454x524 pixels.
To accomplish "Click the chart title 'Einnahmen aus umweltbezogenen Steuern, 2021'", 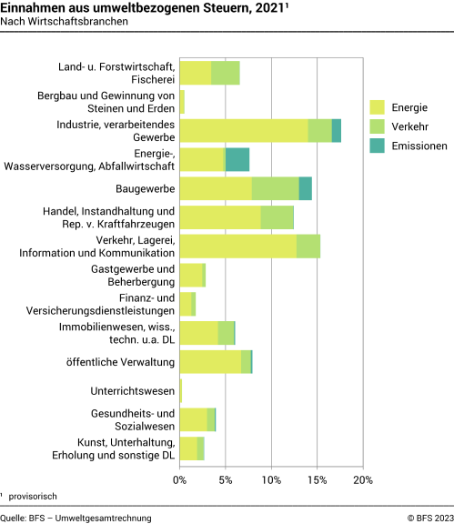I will click(x=114, y=9).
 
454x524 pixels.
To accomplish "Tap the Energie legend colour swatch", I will click(x=378, y=107).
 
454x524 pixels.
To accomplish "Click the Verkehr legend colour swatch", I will click(x=378, y=126).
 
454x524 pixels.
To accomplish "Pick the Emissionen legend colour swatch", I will click(x=378, y=146).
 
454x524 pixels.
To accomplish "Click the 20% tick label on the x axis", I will click(x=363, y=479).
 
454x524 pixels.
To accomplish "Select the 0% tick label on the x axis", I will click(x=180, y=479).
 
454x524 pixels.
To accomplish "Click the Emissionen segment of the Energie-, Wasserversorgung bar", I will click(x=237, y=159).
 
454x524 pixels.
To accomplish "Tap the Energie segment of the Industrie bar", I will click(x=244, y=130).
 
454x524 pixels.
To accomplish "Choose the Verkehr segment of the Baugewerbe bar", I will click(x=276, y=188).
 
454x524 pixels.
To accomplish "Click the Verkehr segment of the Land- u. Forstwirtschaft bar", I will click(x=226, y=73).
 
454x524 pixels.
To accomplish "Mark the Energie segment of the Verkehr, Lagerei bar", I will click(x=238, y=246).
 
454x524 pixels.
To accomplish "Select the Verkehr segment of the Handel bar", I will click(x=277, y=217).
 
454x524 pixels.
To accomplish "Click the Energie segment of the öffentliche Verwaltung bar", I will click(x=211, y=361).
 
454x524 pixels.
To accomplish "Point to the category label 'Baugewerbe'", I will click(x=145, y=188).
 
